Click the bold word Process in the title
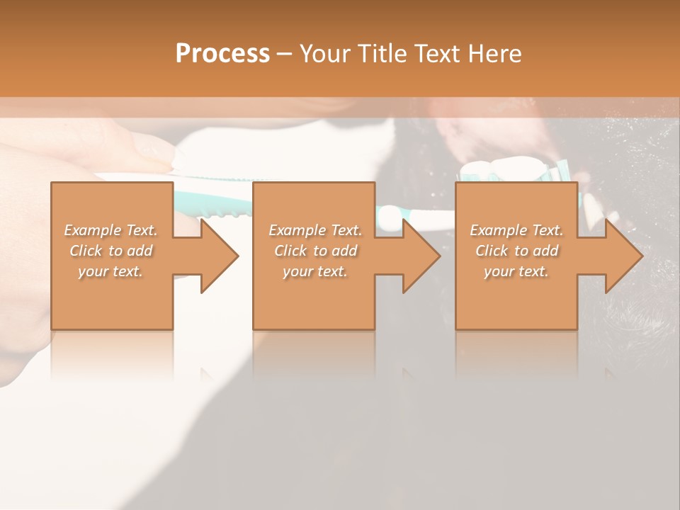(x=222, y=53)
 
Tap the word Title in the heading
(x=382, y=53)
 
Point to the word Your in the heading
(x=325, y=53)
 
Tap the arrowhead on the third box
(x=623, y=256)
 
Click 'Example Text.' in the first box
(x=110, y=230)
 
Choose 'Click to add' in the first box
(x=110, y=251)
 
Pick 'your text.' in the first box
(x=110, y=271)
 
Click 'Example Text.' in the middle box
(x=315, y=230)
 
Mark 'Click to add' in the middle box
(x=315, y=251)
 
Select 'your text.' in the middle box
(x=315, y=271)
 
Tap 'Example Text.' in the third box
(x=516, y=230)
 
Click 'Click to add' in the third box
(x=516, y=251)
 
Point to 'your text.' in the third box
(x=516, y=271)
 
